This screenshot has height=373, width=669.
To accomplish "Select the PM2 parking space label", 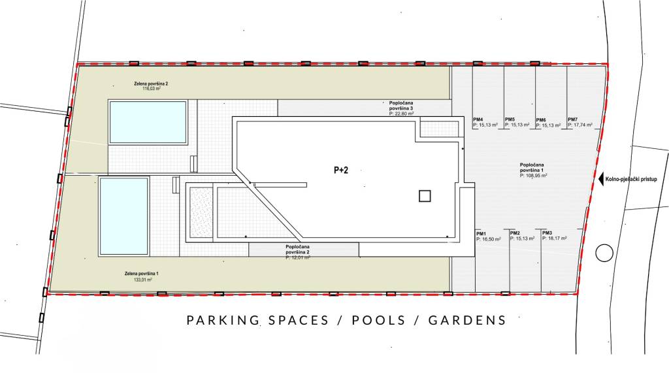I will (x=515, y=233).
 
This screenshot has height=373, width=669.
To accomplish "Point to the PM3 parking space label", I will (x=547, y=233).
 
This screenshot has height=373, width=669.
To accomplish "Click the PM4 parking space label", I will (x=479, y=120).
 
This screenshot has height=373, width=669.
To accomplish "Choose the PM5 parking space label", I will (x=510, y=120).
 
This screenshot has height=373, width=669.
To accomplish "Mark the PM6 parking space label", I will (x=541, y=120).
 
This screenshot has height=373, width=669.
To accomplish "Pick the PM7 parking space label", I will (x=572, y=120).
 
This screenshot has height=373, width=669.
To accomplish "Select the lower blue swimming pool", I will (x=123, y=216).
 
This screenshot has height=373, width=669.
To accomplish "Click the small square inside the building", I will (x=425, y=195).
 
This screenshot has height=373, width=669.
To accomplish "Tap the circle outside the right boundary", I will (x=604, y=252).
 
